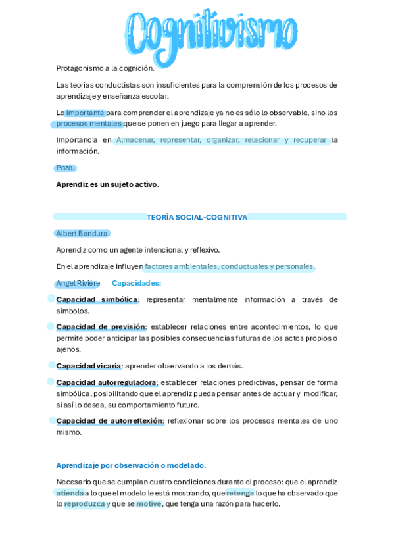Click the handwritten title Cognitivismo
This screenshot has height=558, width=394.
210,33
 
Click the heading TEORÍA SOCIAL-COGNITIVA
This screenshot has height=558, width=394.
197,217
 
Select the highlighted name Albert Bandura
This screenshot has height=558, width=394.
82,234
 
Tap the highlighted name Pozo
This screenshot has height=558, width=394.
65,168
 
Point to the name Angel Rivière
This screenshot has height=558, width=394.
78,283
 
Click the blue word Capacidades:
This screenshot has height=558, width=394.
136,283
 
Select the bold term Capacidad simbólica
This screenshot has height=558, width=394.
97,299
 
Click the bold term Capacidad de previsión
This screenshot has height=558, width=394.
100,327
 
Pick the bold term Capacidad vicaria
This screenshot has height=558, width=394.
88,366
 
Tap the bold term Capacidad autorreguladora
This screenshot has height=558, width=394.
106,382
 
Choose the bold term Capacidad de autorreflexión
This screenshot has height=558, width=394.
109,421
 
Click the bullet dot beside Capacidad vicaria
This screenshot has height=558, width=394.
51,365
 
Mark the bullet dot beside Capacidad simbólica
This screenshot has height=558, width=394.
51,299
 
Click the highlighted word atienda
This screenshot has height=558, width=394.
70,493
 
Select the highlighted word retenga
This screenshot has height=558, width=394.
239,493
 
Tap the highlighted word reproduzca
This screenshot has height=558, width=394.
85,504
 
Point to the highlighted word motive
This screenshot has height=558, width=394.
149,504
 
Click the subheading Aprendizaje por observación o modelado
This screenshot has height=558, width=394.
131,465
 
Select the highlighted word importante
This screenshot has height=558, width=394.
85,113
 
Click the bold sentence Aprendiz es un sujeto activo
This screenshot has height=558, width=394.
107,184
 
